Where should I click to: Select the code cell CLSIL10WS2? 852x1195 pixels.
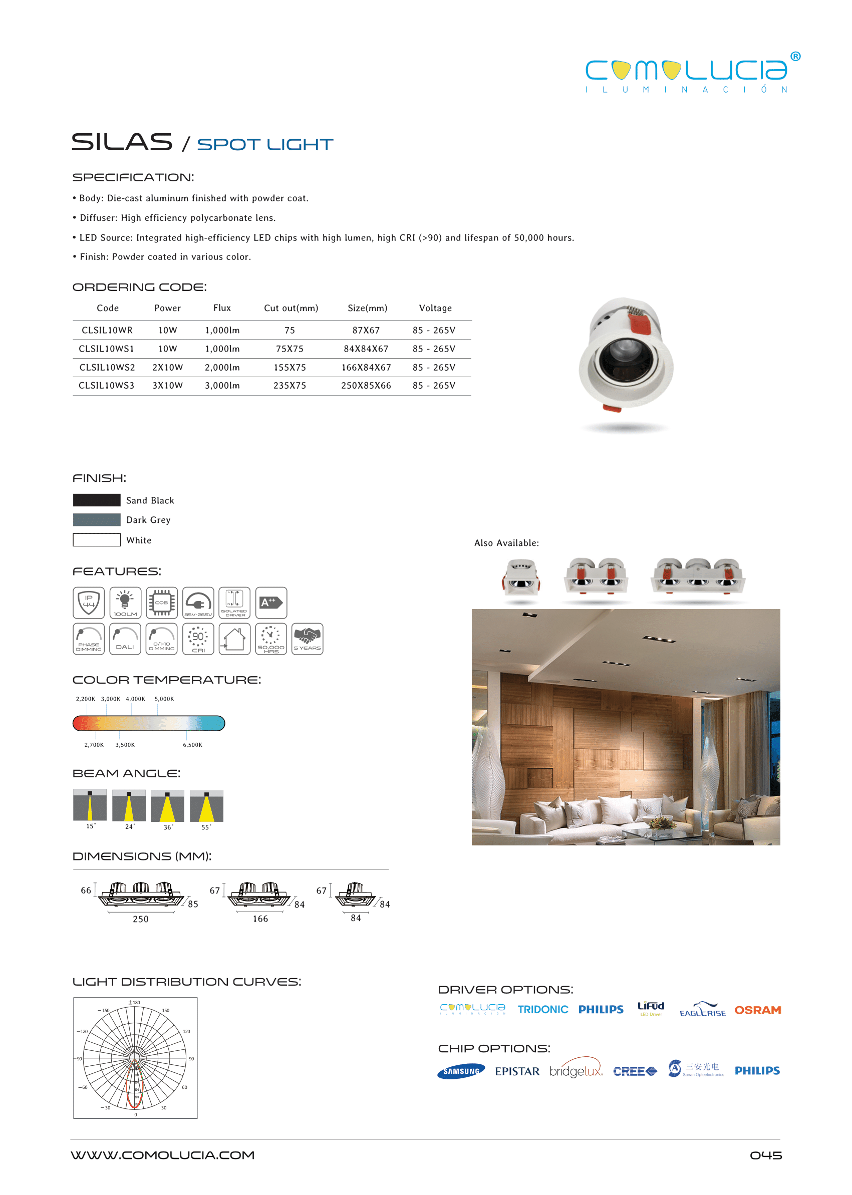coord(107,367)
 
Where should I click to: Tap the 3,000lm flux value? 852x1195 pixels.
coord(222,386)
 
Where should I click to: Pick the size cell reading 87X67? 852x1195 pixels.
coord(366,330)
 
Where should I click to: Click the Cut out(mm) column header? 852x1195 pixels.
coord(291,308)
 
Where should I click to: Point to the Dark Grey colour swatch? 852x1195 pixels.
coord(97,520)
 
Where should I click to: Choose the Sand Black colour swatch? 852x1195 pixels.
coord(97,500)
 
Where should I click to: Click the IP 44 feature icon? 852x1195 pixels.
coord(89,603)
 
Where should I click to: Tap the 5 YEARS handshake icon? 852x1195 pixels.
coord(307,639)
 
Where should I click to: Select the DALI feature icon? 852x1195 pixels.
coord(125,639)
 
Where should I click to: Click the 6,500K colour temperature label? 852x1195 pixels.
coord(192,745)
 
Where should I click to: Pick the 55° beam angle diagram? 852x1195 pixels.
coord(206,807)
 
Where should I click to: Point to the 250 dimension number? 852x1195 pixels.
coord(141,919)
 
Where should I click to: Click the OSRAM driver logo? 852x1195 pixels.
coord(757,1010)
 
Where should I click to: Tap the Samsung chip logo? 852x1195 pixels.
coord(461,1071)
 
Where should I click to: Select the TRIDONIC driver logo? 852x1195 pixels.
coord(542,1009)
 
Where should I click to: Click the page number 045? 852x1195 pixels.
coord(765,1155)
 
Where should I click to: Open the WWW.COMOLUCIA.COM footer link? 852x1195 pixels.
coord(163,1155)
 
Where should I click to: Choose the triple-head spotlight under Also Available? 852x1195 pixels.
coord(697,577)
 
